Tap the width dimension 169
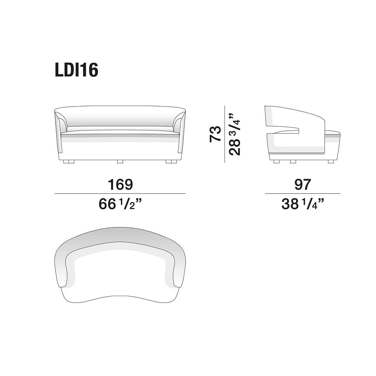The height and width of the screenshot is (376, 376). (120, 184)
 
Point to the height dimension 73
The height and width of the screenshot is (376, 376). (215, 134)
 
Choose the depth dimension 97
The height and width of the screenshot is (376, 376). (303, 184)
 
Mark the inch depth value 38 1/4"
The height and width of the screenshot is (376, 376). (303, 204)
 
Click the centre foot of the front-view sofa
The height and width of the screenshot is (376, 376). (120, 162)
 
